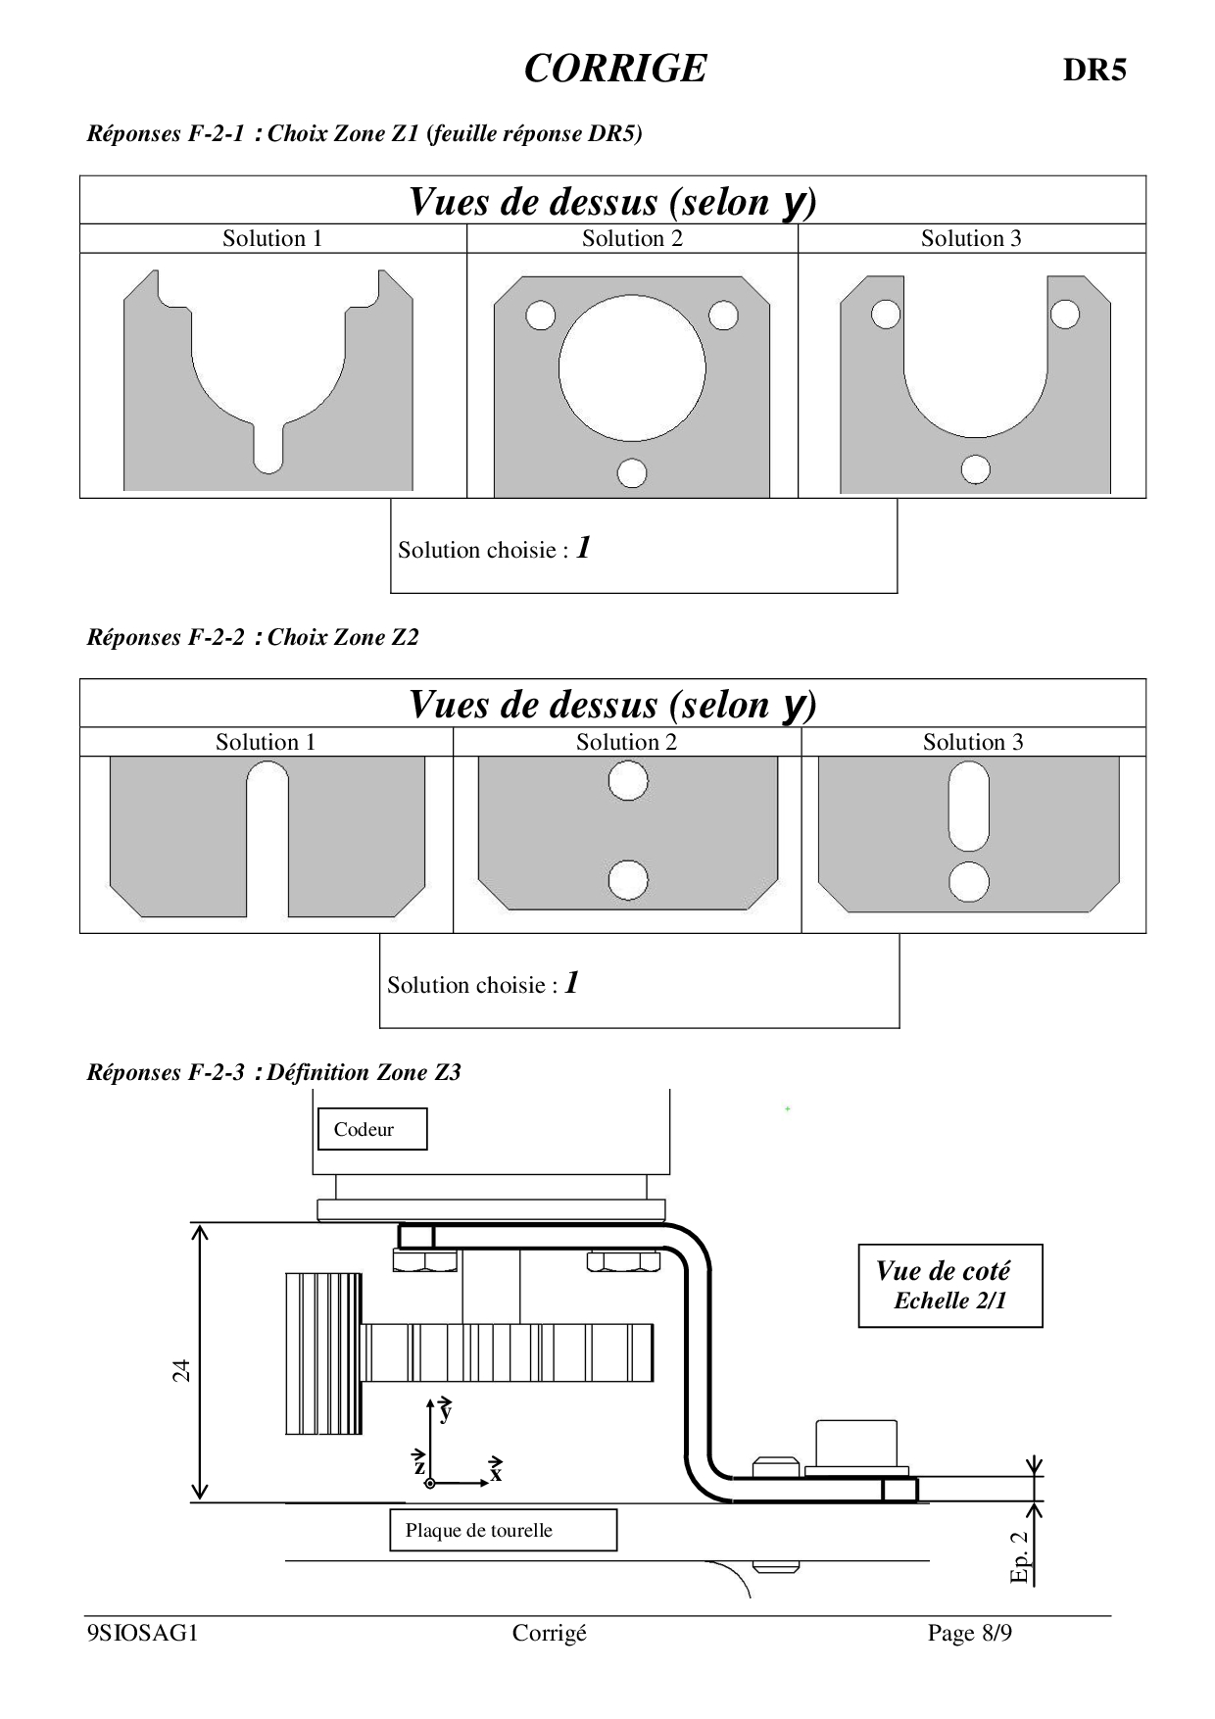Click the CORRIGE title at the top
(x=614, y=69)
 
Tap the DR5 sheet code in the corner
(x=1094, y=71)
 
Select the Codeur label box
(x=371, y=1129)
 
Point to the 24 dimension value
(x=181, y=1370)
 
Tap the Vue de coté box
(x=949, y=1285)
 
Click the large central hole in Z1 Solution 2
(x=632, y=368)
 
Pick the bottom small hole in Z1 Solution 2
(x=632, y=472)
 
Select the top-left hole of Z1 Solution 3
(x=885, y=314)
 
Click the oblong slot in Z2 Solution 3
(x=969, y=807)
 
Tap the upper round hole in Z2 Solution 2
(x=628, y=782)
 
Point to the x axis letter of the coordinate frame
(x=496, y=1473)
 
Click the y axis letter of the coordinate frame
(x=446, y=1412)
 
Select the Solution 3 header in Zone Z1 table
(x=970, y=238)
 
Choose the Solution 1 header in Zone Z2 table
(x=266, y=742)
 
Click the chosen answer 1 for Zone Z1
(x=583, y=547)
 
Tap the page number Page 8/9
(x=969, y=1633)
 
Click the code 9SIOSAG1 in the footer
(x=143, y=1633)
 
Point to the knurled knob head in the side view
(x=324, y=1352)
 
